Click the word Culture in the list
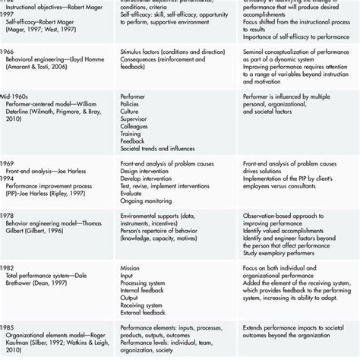(x=131, y=112)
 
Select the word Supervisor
(x=136, y=120)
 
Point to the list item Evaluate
(x=134, y=194)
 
